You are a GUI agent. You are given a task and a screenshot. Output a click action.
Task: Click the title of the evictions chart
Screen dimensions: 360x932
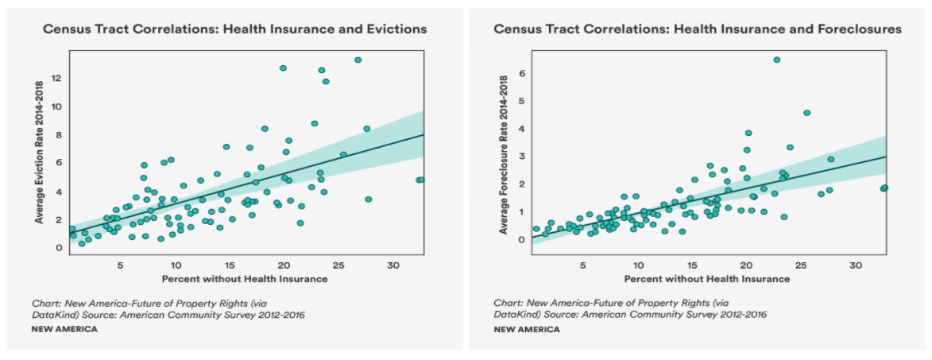[234, 29]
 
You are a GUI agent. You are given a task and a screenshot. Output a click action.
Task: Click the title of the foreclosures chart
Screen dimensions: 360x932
[698, 29]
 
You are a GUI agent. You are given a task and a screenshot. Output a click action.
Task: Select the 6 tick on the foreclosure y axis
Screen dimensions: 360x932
[522, 73]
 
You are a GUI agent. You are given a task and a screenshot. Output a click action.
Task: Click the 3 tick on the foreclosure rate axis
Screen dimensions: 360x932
[522, 157]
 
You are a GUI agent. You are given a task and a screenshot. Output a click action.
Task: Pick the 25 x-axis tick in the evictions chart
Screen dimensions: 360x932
[338, 265]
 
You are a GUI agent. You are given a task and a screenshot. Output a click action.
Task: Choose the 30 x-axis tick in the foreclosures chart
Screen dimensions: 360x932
[856, 265]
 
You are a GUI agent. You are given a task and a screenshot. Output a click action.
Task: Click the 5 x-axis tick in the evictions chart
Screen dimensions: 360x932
[121, 265]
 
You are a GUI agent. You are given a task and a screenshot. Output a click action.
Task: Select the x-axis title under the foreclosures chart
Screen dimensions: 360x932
[707, 279]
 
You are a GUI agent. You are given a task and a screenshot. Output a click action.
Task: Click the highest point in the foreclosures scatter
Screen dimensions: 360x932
[776, 60]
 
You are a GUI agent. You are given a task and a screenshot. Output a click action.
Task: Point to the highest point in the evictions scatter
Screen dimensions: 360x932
[358, 60]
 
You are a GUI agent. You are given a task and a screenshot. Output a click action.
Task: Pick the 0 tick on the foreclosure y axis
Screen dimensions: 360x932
[522, 239]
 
